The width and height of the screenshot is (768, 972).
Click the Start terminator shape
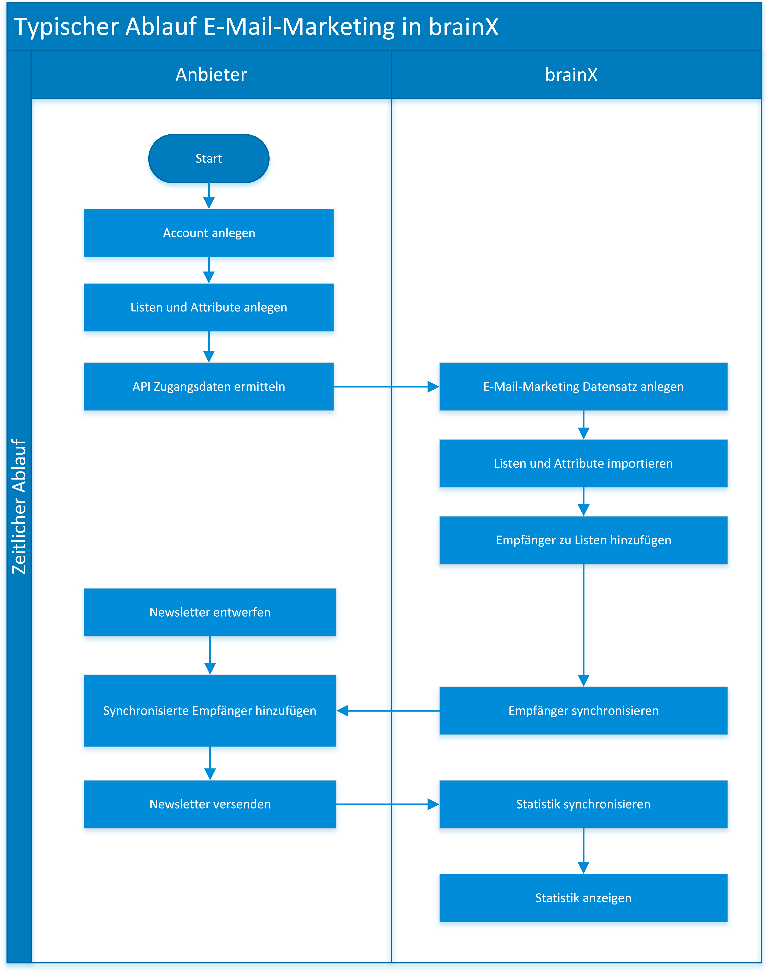(209, 159)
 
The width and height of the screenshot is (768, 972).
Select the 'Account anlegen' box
(209, 233)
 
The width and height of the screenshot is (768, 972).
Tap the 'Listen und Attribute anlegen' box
(209, 307)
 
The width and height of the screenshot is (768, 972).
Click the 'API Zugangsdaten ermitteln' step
(209, 386)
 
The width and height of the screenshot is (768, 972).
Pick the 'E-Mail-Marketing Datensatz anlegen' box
(583, 386)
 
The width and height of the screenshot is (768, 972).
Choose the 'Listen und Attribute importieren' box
(583, 463)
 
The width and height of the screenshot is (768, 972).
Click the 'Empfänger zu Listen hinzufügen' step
(583, 540)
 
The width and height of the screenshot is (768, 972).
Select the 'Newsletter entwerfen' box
(210, 612)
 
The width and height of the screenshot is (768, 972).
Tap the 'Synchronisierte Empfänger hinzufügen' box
(210, 711)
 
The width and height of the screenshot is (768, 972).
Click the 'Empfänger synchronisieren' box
(583, 711)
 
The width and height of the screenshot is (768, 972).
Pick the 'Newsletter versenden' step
(210, 804)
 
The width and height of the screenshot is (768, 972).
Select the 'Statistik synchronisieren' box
(583, 804)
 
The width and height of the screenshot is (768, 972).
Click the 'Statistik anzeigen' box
(583, 898)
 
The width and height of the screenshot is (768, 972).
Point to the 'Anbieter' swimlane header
(211, 75)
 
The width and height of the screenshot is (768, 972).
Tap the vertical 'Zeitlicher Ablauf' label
(19, 506)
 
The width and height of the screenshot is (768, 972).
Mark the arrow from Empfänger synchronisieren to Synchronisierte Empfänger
(388, 711)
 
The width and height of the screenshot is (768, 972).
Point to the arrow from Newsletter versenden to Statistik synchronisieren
(388, 804)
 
